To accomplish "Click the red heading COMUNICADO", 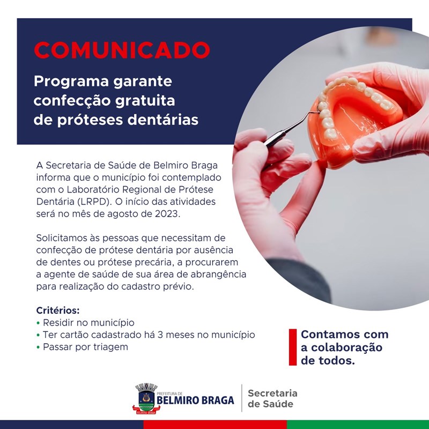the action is click(x=122, y=50).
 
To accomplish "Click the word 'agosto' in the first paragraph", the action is click(x=123, y=214).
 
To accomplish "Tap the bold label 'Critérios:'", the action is click(x=58, y=310).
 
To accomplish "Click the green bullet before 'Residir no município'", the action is click(x=38, y=323).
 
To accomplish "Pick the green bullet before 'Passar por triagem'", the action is click(x=38, y=347).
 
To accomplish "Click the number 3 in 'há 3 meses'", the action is click(x=160, y=335).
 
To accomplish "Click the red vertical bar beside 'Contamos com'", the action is click(x=293, y=347).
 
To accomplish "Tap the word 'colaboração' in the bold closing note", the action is click(x=346, y=347).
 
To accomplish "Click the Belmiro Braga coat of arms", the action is click(x=146, y=398).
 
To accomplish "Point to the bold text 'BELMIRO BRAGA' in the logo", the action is click(x=195, y=401).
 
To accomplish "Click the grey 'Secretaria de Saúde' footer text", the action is click(x=272, y=398).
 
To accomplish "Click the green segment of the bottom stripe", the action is click(x=358, y=425).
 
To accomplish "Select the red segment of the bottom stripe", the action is click(x=215, y=425).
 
